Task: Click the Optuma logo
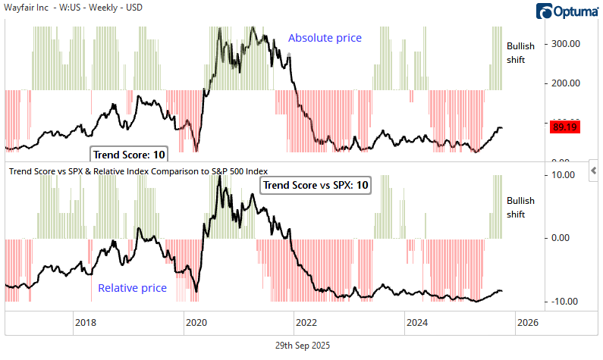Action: click(567, 11)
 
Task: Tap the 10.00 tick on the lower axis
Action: click(563, 174)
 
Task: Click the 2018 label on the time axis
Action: click(85, 322)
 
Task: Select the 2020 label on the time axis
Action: click(196, 322)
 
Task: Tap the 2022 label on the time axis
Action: click(306, 322)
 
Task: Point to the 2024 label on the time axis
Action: click(417, 322)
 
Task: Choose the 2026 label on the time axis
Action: click(527, 322)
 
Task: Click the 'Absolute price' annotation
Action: click(325, 38)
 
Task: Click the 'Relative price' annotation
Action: click(132, 288)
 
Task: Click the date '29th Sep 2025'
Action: click(302, 346)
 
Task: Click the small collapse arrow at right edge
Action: click(594, 167)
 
